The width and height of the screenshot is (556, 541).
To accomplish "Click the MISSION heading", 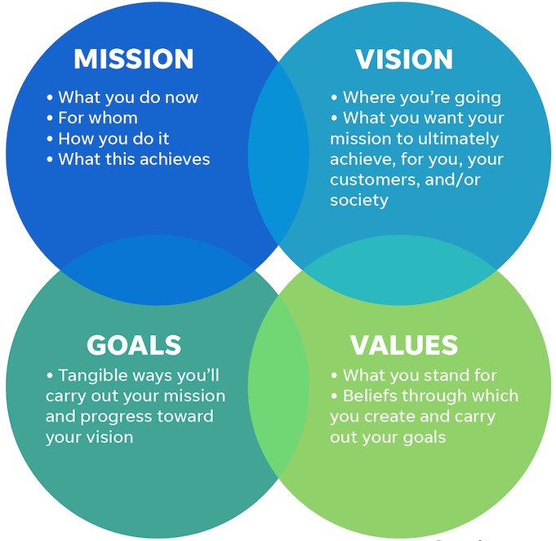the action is [x=134, y=59].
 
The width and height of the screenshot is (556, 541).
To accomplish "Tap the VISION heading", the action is [x=404, y=59].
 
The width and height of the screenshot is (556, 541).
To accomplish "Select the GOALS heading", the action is [x=134, y=345].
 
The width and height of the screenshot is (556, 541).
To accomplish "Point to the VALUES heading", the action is [x=404, y=345].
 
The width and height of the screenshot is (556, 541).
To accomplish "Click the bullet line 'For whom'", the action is [x=92, y=118].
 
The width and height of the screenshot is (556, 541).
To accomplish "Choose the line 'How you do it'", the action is [x=108, y=138].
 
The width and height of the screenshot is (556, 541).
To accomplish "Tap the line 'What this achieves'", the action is [x=128, y=159].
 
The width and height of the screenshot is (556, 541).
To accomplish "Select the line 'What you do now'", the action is [x=122, y=97].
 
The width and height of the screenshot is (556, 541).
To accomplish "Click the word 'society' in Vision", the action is [x=359, y=200].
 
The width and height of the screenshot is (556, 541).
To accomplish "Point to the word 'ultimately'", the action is [x=458, y=139].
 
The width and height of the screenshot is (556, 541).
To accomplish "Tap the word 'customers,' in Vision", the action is [x=376, y=180].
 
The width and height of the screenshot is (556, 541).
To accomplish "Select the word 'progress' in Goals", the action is [x=117, y=417].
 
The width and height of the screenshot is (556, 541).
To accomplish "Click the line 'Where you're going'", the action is [x=416, y=97].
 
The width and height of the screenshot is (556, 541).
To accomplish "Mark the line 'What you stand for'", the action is [x=414, y=375].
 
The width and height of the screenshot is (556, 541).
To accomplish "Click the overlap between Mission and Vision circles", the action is [x=278, y=154].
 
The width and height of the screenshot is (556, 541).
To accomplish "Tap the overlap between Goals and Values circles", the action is [x=278, y=386].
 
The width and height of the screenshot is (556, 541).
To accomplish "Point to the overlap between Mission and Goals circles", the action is [x=158, y=270].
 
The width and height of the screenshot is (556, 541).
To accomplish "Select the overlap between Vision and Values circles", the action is [x=399, y=270].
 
